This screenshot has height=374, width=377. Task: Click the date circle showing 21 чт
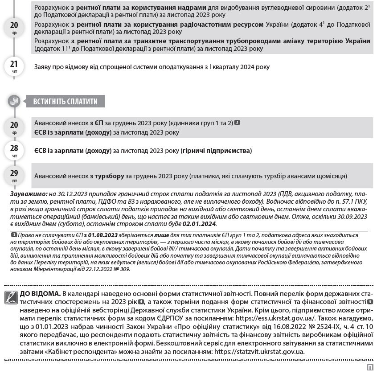click(x=14, y=67)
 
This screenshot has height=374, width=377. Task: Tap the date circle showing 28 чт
click(x=14, y=151)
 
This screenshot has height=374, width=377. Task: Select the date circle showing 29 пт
click(x=14, y=175)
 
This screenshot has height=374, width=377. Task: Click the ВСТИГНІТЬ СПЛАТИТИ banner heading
click(x=65, y=101)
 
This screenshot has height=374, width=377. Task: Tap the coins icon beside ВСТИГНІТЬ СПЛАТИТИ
click(x=14, y=101)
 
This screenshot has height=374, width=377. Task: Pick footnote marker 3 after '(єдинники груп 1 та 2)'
click(x=237, y=123)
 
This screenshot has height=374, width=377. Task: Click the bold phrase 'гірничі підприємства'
click(x=216, y=151)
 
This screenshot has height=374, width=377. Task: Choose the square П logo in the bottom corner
click(x=369, y=367)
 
